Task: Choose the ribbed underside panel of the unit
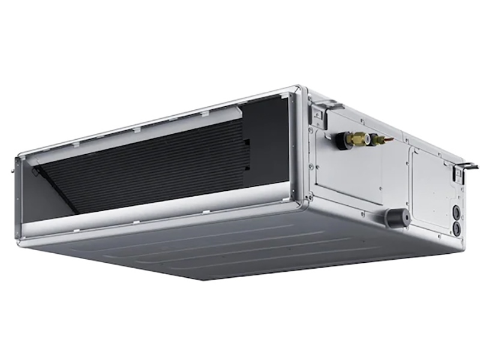pos(252,252)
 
